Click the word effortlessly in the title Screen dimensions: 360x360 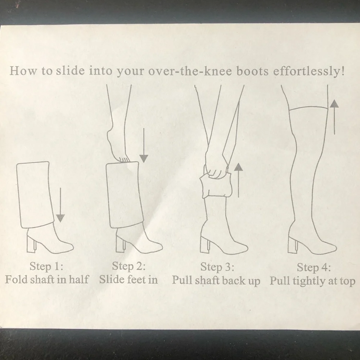pos(309,71)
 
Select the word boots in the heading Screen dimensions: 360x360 pos(252,71)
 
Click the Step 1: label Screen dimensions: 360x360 pos(46,266)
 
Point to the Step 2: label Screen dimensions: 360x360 pos(129,266)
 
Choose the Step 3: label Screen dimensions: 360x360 pos(217,267)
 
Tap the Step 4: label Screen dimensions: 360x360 pos(314,267)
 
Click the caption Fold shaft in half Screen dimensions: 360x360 pos(47,279)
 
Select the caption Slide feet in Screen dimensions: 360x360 pos(129,279)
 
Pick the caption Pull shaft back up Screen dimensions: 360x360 pos(216,280)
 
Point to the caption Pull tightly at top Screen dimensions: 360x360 pos(312,281)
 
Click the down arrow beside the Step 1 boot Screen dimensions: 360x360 pos(60,205)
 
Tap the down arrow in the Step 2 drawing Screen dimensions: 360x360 pos(144,145)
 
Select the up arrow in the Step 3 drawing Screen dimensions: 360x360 pos(239,180)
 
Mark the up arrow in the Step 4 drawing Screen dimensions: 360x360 pos(334,117)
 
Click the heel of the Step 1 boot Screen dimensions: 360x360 pos(32,244)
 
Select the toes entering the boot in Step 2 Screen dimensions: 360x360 pos(123,159)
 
